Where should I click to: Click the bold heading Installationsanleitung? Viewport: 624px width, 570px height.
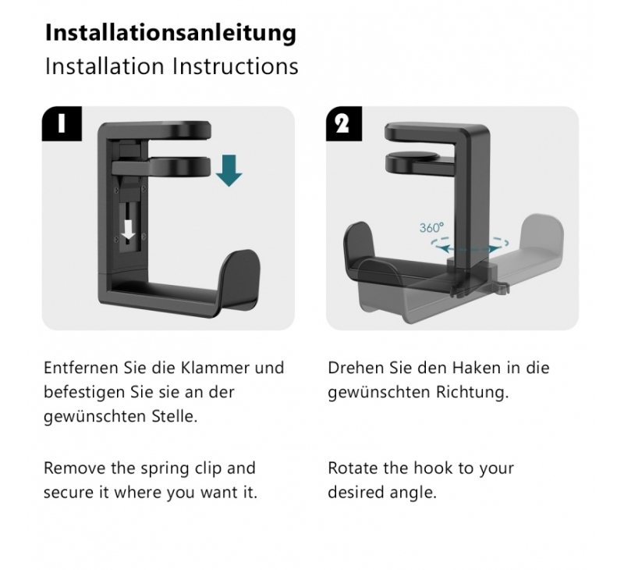[x=171, y=34]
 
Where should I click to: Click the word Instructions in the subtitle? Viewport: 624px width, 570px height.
[x=236, y=66]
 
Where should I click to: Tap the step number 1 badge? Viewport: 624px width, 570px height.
[x=62, y=123]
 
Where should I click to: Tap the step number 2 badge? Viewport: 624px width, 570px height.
[x=344, y=123]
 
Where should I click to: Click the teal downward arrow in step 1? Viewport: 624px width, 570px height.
[x=229, y=171]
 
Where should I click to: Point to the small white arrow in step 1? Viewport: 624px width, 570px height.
[x=128, y=230]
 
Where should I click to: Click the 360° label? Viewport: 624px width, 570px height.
[x=431, y=228]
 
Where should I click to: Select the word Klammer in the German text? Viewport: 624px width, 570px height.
[x=216, y=368]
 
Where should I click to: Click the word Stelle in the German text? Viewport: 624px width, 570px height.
[x=174, y=416]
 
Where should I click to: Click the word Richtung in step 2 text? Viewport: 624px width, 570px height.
[x=473, y=392]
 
